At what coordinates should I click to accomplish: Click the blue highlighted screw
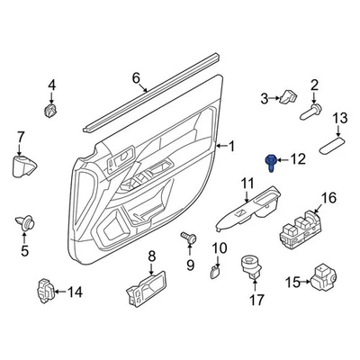270,162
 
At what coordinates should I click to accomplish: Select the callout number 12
298,159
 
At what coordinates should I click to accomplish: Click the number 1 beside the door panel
231,146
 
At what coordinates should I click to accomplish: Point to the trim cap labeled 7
22,166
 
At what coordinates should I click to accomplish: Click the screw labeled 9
188,237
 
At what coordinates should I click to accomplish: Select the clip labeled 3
290,97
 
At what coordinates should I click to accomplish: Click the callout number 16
328,198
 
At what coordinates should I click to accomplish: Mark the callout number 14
75,292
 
